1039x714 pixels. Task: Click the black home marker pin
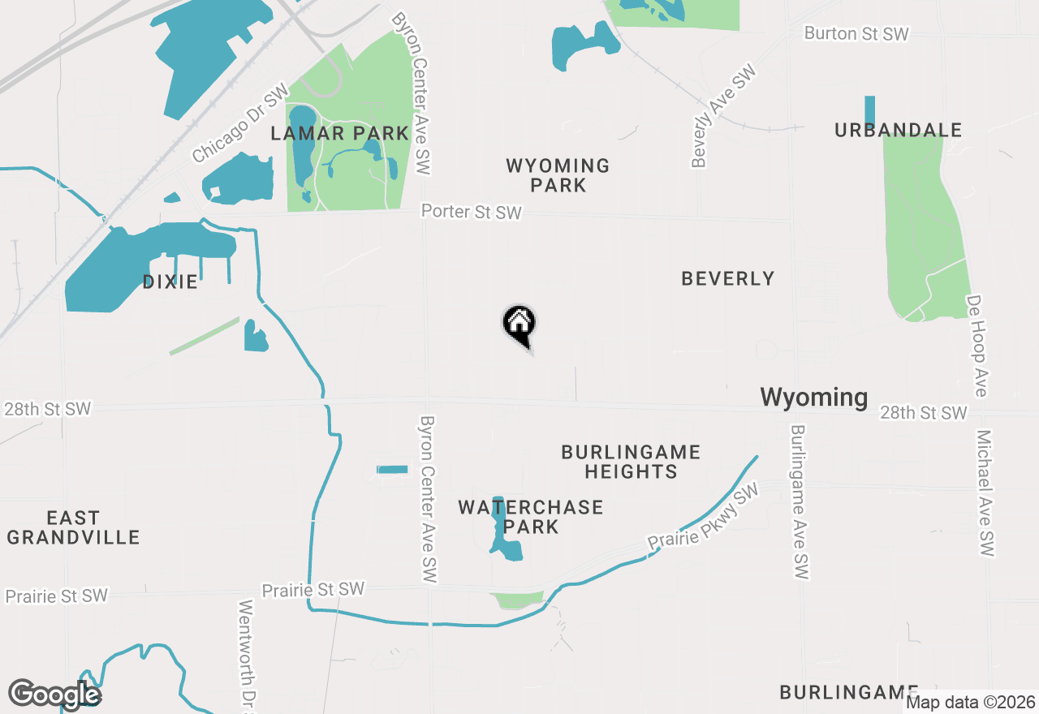[519, 325]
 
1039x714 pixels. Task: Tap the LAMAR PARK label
[339, 133]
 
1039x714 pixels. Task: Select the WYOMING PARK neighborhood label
[558, 175]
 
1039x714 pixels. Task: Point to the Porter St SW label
[471, 212]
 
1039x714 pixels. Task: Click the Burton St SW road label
[856, 33]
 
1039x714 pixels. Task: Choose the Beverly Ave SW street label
[723, 117]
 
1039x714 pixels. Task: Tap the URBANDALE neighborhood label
[898, 130]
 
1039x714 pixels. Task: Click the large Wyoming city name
[813, 397]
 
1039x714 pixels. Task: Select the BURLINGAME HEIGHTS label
[631, 461]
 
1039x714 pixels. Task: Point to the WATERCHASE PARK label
[531, 517]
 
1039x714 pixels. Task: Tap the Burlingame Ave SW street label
[800, 502]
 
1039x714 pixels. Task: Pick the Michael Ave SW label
[985, 493]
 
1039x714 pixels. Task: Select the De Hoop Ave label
[976, 346]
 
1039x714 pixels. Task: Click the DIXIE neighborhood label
[170, 282]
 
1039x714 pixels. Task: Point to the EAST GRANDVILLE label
[73, 527]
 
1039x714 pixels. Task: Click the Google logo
[54, 695]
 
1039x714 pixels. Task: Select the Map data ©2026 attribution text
[970, 702]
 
